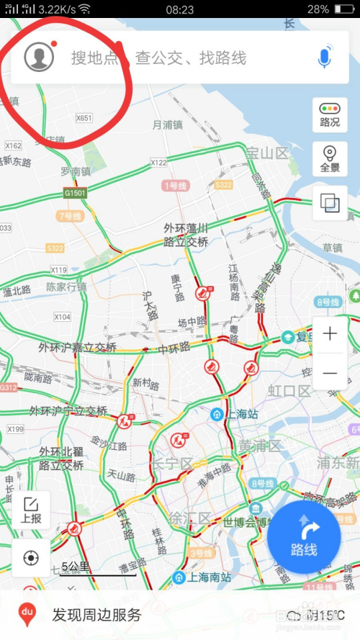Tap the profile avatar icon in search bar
pos(39,57)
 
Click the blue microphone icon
pos(325,57)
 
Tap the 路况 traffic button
pos(330,114)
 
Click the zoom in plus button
pos(330,333)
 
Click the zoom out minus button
pos(330,372)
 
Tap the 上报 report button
pos(31,510)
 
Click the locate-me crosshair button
pos(31,558)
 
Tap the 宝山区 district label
pos(266,153)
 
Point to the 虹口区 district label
pos(289,391)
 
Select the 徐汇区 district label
pos(191,518)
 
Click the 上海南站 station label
pos(205,577)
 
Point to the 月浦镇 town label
pos(167,125)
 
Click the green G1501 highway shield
pos(74,194)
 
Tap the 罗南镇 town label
pos(75,171)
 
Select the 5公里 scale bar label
pos(76,566)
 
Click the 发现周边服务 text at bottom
pos(96,615)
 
